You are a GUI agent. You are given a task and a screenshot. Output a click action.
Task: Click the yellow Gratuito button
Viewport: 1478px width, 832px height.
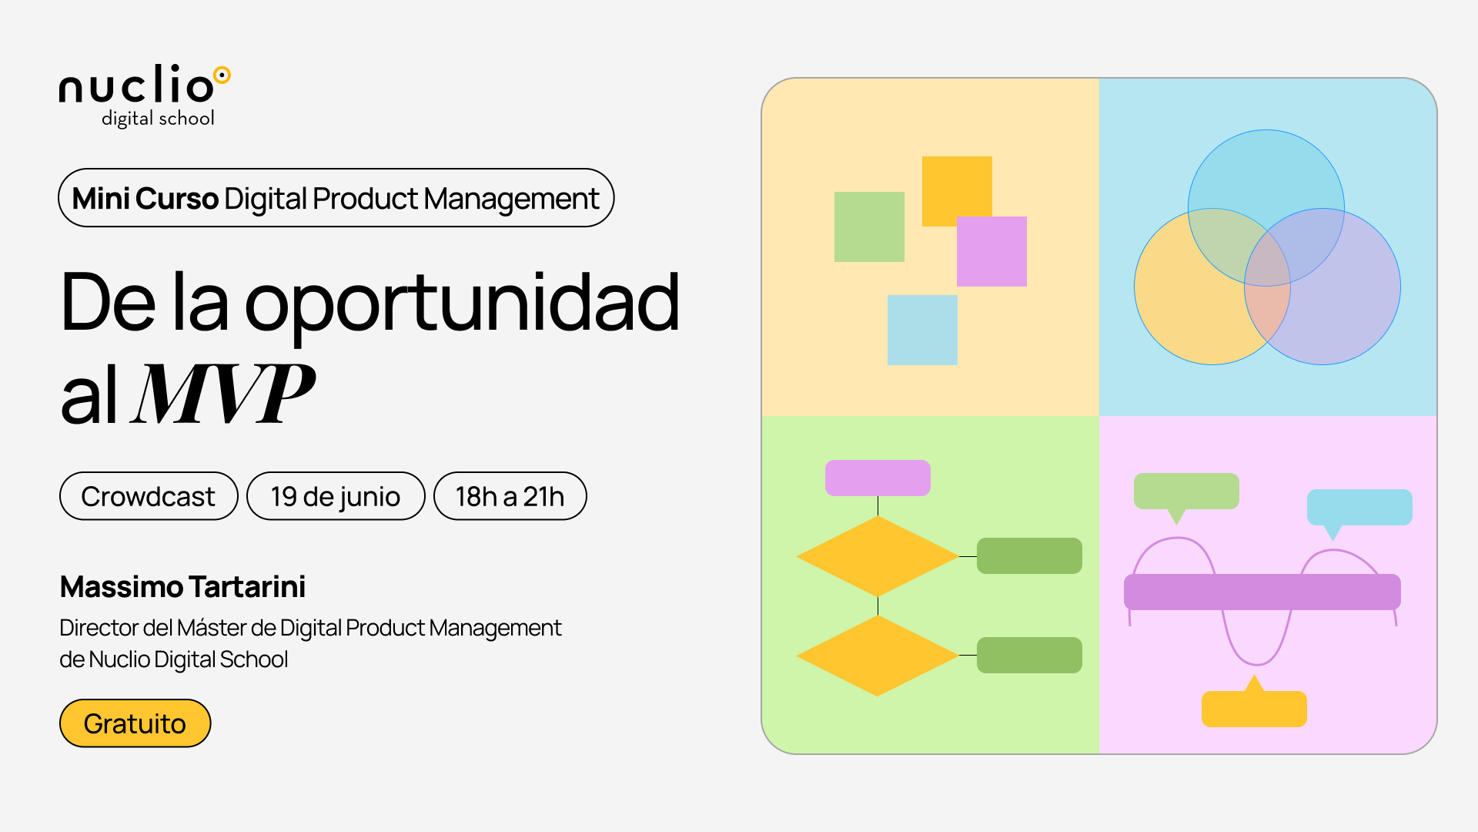tap(135, 723)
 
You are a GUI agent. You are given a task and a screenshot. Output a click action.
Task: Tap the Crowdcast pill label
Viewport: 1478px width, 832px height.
tap(149, 496)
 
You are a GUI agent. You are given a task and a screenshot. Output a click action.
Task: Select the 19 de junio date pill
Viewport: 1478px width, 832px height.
tap(336, 496)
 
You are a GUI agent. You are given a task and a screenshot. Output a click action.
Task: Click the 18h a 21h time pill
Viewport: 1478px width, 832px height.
tap(510, 496)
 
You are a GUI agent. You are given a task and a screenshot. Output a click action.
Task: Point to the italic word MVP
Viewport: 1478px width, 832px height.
tap(223, 394)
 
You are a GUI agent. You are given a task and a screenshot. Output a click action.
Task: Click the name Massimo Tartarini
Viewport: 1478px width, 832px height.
tap(182, 587)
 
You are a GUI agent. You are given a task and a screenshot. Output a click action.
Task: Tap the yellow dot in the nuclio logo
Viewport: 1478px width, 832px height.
tap(222, 75)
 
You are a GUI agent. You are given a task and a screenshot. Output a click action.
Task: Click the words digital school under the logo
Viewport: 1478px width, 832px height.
tap(158, 119)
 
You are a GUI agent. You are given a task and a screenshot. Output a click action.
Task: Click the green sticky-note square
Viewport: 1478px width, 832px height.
tap(869, 226)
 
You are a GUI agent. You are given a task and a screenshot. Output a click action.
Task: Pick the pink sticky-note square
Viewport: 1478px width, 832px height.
tap(991, 251)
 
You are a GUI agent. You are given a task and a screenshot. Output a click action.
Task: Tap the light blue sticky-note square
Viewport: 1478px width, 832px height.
tap(922, 330)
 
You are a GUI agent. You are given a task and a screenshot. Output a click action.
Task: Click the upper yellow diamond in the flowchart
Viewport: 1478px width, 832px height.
tap(878, 555)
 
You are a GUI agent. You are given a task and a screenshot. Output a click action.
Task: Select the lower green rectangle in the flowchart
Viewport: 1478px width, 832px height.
tap(1029, 655)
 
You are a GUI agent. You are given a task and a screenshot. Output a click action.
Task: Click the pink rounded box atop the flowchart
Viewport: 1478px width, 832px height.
tap(878, 478)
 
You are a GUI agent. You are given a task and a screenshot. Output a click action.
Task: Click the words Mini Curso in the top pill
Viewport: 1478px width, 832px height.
tap(145, 199)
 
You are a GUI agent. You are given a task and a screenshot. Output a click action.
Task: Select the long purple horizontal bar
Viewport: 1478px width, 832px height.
tap(1262, 592)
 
